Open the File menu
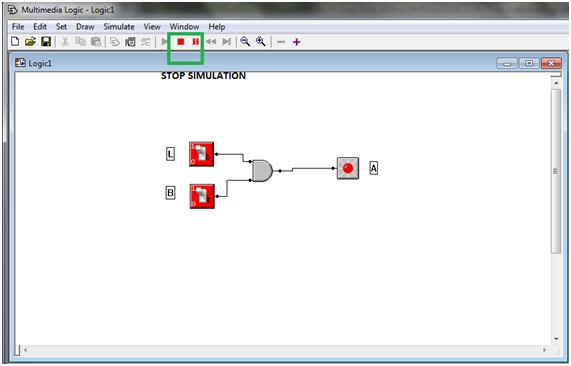tap(18, 26)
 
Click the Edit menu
tap(40, 26)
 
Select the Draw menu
tap(85, 26)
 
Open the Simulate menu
tap(118, 26)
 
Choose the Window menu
tap(184, 26)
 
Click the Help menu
tap(217, 26)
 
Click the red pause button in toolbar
tap(195, 42)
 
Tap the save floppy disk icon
tap(46, 42)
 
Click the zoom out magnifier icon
tap(245, 42)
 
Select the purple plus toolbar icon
tap(297, 42)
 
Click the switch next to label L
tap(202, 154)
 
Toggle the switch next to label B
tap(202, 195)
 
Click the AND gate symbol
tap(262, 170)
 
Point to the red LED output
tap(347, 168)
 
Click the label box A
tap(374, 168)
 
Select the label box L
tap(170, 153)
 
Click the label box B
tap(170, 193)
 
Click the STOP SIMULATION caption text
tap(203, 76)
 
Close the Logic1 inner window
tap(548, 63)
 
